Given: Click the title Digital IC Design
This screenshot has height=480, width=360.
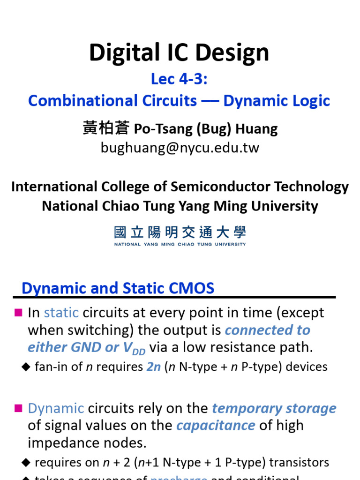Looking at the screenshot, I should pos(179,52).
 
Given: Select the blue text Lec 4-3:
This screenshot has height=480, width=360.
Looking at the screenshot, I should pos(179,79).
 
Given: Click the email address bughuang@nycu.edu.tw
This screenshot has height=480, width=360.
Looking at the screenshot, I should pos(180,148).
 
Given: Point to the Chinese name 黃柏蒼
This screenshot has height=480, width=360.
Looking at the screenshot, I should pos(106,128).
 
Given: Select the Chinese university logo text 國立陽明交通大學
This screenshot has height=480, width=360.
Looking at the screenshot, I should pos(180,232).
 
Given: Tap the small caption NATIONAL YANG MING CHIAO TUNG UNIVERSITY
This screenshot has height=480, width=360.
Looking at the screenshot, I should pos(180,244).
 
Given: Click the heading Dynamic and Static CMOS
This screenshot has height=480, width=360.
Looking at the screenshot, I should pos(118,288).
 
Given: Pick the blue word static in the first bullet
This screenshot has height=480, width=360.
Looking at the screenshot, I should pos(61,313).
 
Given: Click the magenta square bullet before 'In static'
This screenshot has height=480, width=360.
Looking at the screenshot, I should pos(19,313).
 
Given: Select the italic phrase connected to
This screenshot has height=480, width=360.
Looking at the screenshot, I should pos(268,330).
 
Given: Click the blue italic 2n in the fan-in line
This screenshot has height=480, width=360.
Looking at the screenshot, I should pos(154,367).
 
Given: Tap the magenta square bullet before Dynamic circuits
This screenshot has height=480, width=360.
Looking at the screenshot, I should pos(19,408).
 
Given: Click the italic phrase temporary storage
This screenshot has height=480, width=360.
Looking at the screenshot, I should pos(274,408).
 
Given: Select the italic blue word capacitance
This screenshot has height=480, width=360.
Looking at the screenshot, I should pos(216,426).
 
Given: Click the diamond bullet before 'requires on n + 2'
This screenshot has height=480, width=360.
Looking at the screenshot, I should pos(25,463).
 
